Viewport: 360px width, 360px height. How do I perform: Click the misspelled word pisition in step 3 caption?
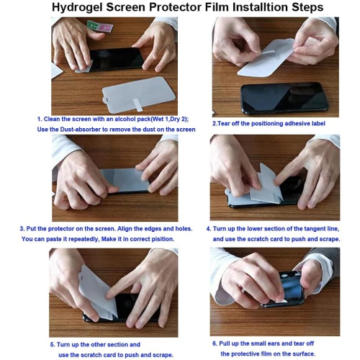161,239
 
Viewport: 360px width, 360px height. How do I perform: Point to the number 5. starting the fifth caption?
53,344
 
